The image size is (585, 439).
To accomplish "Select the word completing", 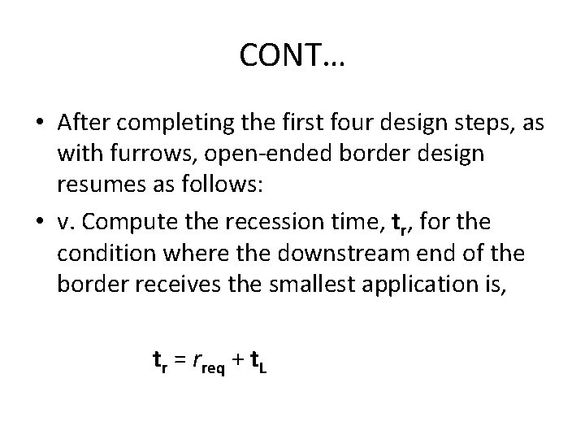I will click(170, 123).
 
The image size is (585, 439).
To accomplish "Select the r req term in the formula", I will click(209, 363).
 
